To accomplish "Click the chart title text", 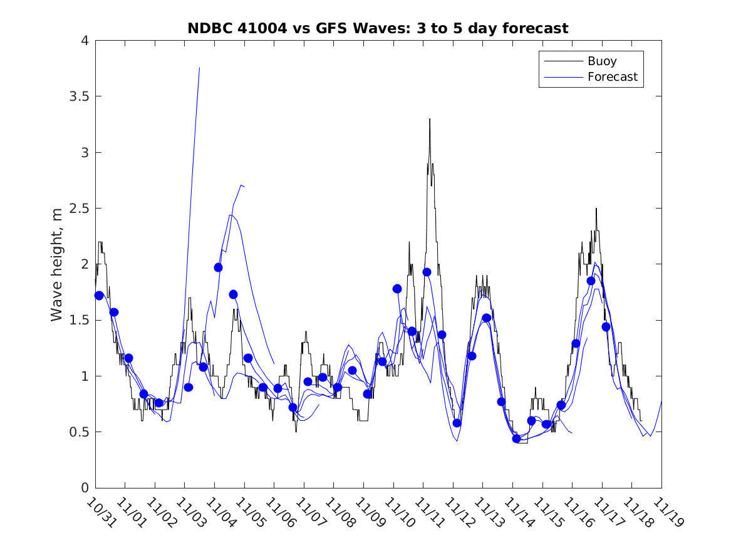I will point(378,29).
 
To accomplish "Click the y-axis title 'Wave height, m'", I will point(58,264).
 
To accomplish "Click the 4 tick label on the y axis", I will point(84,41).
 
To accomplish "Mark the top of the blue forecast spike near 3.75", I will point(199,68).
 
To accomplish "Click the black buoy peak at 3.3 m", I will point(430,119).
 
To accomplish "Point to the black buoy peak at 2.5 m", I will point(596,209).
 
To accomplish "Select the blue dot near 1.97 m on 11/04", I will point(218,267).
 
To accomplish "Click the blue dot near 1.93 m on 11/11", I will point(427,272).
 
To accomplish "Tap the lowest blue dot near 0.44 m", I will point(516,438).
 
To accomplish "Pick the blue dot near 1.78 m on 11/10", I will point(397,289).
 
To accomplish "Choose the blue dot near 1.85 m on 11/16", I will point(591,281).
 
